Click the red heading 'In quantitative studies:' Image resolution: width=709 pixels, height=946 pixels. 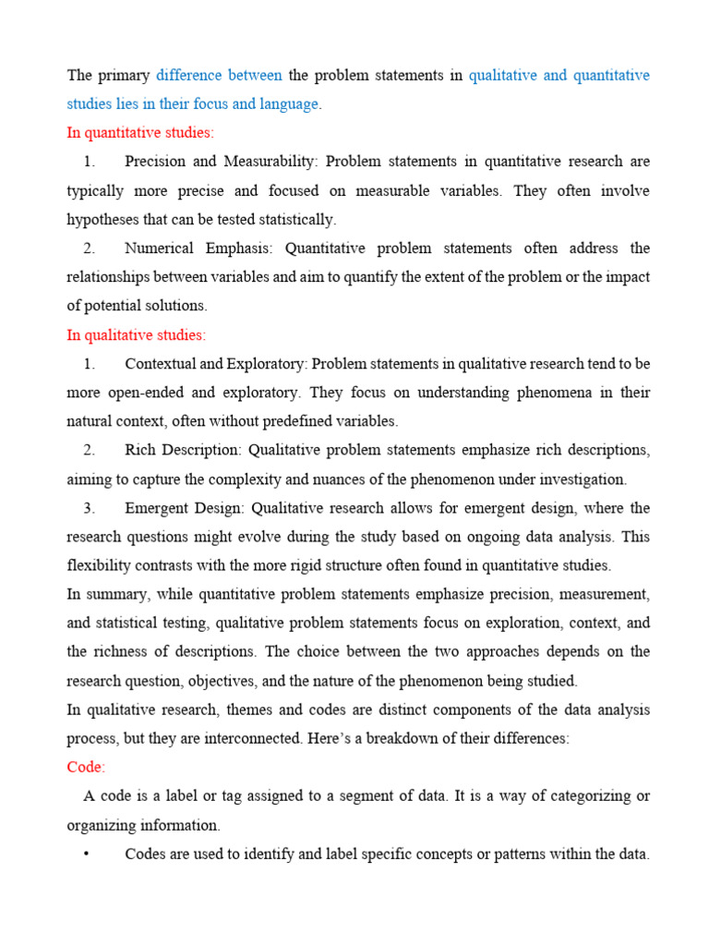[x=139, y=132]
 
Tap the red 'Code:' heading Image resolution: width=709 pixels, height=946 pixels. [x=86, y=767]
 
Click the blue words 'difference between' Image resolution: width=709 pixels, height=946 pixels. [x=219, y=75]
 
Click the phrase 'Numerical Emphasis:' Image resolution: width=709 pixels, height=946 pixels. [x=202, y=249]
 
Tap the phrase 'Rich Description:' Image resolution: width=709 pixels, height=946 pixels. [x=182, y=450]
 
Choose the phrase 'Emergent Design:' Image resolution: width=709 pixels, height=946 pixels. [x=186, y=508]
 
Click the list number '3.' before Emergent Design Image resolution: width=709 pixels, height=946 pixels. [x=89, y=508]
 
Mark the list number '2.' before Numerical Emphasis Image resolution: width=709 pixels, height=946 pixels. [x=89, y=249]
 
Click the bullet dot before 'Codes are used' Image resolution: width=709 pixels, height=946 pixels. [x=86, y=855]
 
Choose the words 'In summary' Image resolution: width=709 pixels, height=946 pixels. [x=105, y=594]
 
